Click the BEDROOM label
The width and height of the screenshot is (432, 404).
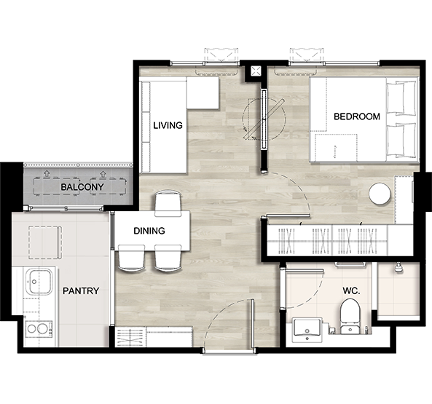(357, 116)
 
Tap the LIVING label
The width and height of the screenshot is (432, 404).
(168, 125)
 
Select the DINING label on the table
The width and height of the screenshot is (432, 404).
(149, 231)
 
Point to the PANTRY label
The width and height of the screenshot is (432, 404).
(81, 290)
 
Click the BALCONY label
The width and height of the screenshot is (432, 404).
(82, 187)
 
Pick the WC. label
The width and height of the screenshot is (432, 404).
(351, 290)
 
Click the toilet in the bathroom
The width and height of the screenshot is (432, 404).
(350, 317)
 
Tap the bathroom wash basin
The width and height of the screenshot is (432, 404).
(307, 330)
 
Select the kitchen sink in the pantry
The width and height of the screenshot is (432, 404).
(39, 282)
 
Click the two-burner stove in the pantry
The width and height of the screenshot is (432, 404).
(39, 328)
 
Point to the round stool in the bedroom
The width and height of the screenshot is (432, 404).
(380, 193)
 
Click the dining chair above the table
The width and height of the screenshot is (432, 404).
(168, 205)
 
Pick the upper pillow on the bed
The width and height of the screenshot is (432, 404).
(401, 97)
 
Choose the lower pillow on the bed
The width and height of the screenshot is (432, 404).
(401, 140)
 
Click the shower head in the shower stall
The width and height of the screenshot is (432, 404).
(398, 267)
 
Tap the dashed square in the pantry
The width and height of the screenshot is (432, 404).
(45, 242)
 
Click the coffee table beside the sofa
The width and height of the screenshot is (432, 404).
(203, 92)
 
